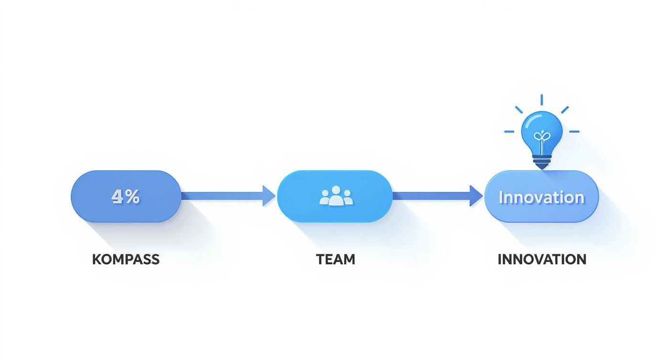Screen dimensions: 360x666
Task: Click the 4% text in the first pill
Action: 125,196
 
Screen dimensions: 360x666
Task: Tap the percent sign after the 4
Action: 133,196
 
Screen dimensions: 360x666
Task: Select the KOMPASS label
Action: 125,259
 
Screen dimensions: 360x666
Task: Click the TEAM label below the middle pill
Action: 335,259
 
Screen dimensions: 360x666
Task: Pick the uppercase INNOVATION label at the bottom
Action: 542,259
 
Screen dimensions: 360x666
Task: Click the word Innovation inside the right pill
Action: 542,197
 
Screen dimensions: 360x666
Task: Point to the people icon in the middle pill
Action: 336,196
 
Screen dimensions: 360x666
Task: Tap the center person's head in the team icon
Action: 336,190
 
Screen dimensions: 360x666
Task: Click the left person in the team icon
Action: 325,198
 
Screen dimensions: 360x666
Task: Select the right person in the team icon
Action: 347,198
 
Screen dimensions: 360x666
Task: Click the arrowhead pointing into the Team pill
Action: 269,196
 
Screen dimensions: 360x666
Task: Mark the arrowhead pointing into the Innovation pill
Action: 476,196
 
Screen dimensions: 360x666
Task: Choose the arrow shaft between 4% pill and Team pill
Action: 222,196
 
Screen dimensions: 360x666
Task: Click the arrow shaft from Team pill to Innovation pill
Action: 431,196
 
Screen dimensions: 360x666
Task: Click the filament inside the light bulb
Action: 542,138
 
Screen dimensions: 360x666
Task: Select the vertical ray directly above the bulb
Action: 542,100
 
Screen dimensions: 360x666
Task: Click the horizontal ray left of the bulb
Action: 509,131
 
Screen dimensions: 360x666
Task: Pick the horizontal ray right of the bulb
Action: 574,131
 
